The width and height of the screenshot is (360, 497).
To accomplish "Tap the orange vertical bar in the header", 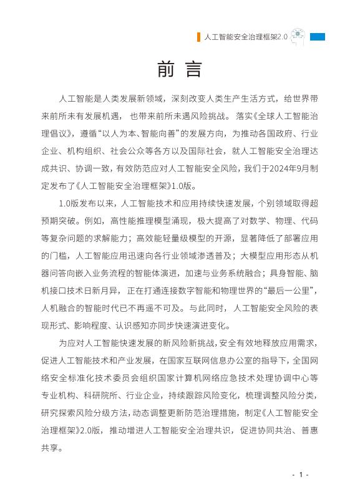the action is (x=198, y=37).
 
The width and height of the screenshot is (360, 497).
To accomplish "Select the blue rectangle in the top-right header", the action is (x=318, y=37).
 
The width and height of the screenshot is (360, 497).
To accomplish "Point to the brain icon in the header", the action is (x=298, y=37).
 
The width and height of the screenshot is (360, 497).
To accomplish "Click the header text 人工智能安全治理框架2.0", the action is (x=246, y=37).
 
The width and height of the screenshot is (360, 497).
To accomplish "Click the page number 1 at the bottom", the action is (x=300, y=475).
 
